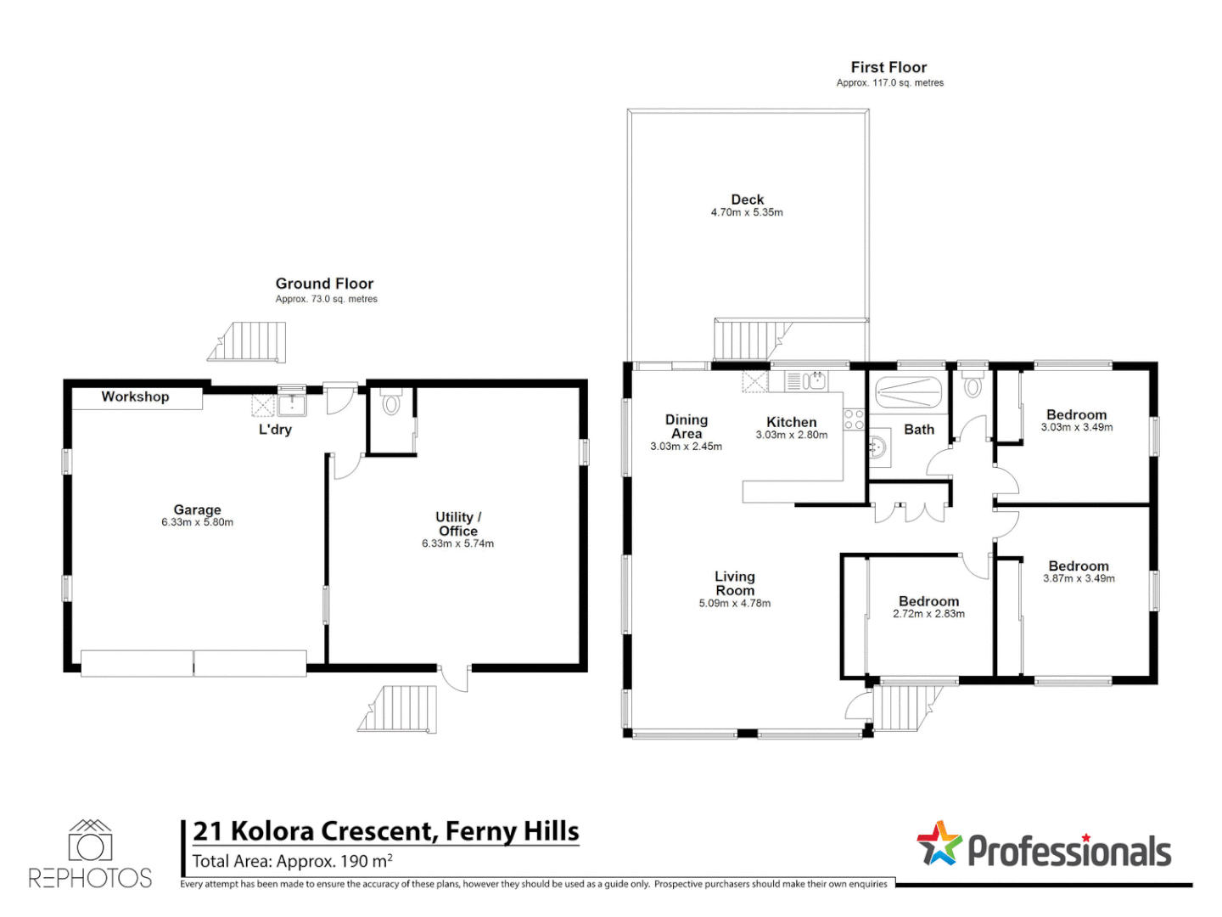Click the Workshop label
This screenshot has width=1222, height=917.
pyautogui.click(x=135, y=397)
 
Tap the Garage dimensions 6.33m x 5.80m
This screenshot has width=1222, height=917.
pyautogui.click(x=197, y=522)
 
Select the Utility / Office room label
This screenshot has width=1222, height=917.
pyautogui.click(x=457, y=523)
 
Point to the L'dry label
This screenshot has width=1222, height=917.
pyautogui.click(x=275, y=430)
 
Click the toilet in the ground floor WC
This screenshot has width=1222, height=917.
pyautogui.click(x=391, y=401)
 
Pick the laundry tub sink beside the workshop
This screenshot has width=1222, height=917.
pyautogui.click(x=292, y=405)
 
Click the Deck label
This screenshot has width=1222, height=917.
pyautogui.click(x=747, y=200)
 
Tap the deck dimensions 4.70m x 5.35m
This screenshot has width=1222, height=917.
pyautogui.click(x=747, y=212)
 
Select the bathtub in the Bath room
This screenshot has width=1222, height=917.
pyautogui.click(x=908, y=392)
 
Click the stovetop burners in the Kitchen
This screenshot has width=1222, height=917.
pyautogui.click(x=854, y=419)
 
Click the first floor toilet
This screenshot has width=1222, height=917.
pyautogui.click(x=972, y=383)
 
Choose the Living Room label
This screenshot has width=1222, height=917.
pyautogui.click(x=734, y=583)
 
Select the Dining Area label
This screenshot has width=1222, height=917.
pyautogui.click(x=686, y=426)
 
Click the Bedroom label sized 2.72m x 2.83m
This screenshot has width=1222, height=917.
pyautogui.click(x=928, y=601)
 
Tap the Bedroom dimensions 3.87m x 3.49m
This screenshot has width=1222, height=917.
pyautogui.click(x=1079, y=578)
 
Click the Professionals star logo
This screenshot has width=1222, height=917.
pyautogui.click(x=939, y=844)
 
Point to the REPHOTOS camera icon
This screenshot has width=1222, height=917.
pyautogui.click(x=90, y=841)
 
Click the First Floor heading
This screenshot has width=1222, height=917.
pyautogui.click(x=888, y=67)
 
